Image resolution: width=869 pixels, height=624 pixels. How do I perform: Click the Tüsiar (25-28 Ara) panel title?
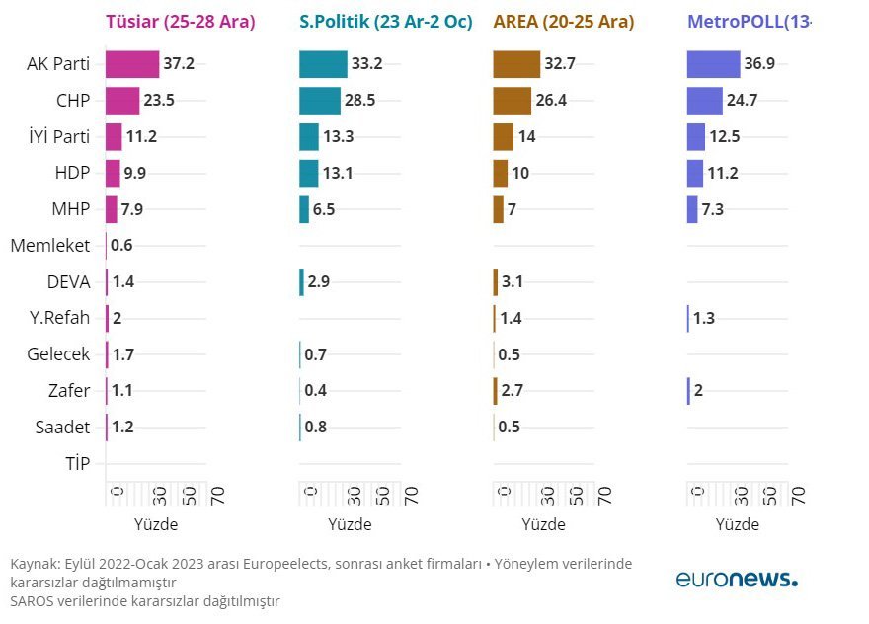pos(180,22)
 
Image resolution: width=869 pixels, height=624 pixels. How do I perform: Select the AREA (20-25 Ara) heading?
pos(563,22)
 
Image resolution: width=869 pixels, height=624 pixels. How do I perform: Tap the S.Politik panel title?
pos(385,22)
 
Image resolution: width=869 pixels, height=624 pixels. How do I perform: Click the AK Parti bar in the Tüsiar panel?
pos(132,64)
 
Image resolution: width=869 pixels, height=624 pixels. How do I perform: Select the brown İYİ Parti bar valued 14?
pos(503,136)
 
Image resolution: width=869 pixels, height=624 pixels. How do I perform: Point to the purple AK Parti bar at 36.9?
pos(713,64)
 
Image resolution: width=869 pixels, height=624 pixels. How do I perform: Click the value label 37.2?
pos(179,64)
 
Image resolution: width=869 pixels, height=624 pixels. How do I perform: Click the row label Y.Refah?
pos(58,318)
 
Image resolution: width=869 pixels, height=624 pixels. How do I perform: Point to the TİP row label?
pos(76,463)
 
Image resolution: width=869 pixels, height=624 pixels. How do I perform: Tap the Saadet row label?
pos(63,428)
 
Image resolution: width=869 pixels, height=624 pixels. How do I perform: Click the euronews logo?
pos(737,579)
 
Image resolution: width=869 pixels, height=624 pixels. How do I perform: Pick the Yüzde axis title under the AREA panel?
pos(545,524)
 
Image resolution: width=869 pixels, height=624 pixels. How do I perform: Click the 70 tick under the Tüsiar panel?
pos(217,494)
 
